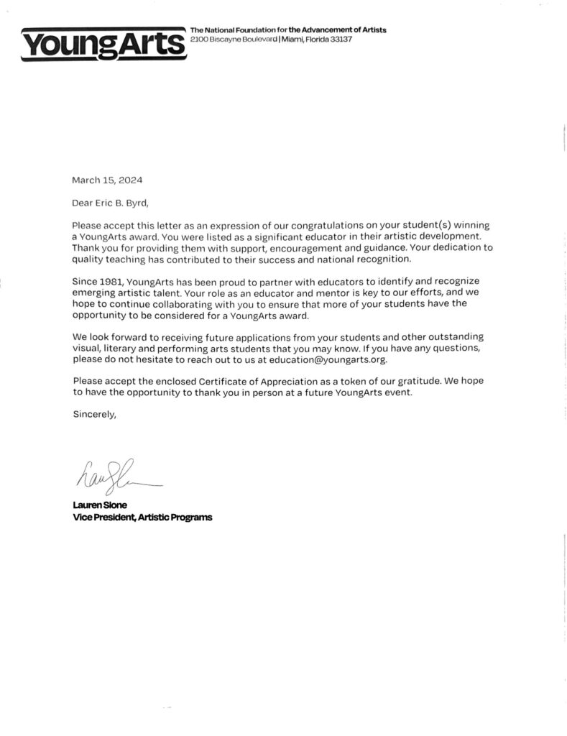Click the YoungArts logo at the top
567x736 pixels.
[103, 44]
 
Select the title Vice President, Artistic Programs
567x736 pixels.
[142, 517]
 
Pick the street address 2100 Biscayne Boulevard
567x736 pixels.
[232, 39]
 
